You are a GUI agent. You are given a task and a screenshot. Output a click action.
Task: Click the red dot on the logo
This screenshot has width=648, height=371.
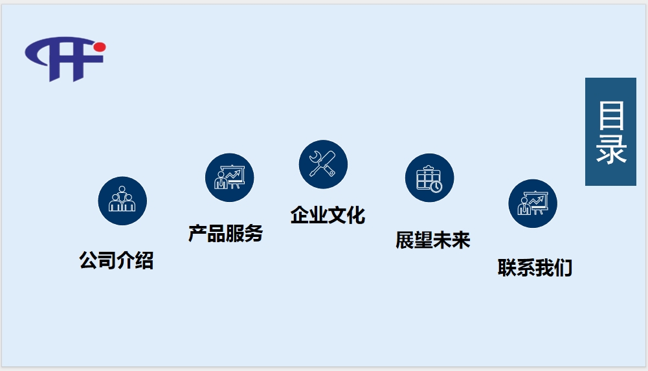pyautogui.click(x=99, y=47)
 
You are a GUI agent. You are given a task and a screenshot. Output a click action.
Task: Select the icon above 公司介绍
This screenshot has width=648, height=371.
pyautogui.click(x=122, y=201)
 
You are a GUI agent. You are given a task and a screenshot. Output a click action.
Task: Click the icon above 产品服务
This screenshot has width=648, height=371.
pyautogui.click(x=229, y=177)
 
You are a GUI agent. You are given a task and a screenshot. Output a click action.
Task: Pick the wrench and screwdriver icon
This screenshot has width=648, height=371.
pyautogui.click(x=323, y=164)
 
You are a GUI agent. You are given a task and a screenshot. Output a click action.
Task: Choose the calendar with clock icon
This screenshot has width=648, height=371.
pyautogui.click(x=429, y=177)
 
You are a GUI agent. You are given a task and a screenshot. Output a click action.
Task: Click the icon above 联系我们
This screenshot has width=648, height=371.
pyautogui.click(x=532, y=203)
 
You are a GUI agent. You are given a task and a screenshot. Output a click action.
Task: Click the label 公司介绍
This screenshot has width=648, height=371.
pyautogui.click(x=117, y=260)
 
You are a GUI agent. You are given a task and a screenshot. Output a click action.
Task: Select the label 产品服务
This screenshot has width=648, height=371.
pyautogui.click(x=225, y=233)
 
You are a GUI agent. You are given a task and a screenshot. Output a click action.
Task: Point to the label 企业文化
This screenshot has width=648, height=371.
pyautogui.click(x=328, y=215)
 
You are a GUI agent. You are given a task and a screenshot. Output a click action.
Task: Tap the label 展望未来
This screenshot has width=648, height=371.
pyautogui.click(x=432, y=240)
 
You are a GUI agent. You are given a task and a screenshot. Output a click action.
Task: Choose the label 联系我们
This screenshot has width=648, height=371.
pyautogui.click(x=535, y=267)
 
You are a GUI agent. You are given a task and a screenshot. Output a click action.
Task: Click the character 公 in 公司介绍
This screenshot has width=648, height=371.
pyautogui.click(x=89, y=260)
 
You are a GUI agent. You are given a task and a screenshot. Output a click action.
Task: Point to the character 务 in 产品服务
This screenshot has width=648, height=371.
pyautogui.click(x=254, y=233)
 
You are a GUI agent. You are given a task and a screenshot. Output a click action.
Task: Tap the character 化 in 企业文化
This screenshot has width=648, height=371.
pyautogui.click(x=356, y=215)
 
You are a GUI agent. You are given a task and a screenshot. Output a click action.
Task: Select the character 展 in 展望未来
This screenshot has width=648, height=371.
pyautogui.click(x=405, y=240)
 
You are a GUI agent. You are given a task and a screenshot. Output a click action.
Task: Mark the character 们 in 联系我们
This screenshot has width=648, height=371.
pyautogui.click(x=563, y=267)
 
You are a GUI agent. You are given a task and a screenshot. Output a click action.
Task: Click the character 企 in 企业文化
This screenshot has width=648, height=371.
pyautogui.click(x=300, y=215)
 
